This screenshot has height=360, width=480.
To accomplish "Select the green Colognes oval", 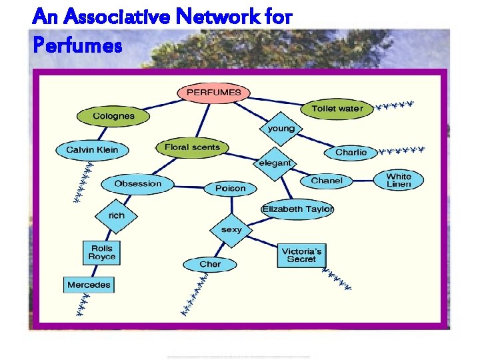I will click(113, 116).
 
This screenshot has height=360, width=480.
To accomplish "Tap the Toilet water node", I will click(337, 109).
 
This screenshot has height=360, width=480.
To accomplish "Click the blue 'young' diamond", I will click(281, 128).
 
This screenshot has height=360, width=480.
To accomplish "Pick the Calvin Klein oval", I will click(92, 150).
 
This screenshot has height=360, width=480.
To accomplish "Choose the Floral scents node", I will click(192, 147).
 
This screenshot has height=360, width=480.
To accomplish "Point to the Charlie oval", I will click(351, 153).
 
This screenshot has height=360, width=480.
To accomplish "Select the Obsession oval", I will click(137, 183).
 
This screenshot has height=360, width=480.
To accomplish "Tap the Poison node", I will click(230, 189).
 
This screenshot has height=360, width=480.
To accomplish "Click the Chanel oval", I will click(327, 181).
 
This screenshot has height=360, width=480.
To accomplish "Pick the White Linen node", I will click(399, 181).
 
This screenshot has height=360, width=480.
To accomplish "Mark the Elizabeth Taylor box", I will click(297, 209).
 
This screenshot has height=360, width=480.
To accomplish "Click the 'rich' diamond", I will click(116, 215).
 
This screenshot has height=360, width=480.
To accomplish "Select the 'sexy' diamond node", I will click(231, 229).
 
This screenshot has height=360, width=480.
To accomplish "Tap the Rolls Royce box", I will click(101, 253).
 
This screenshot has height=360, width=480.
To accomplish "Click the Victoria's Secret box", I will click(301, 255).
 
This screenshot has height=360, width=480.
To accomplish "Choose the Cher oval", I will click(209, 265).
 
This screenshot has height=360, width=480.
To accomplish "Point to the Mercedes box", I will click(89, 285).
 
